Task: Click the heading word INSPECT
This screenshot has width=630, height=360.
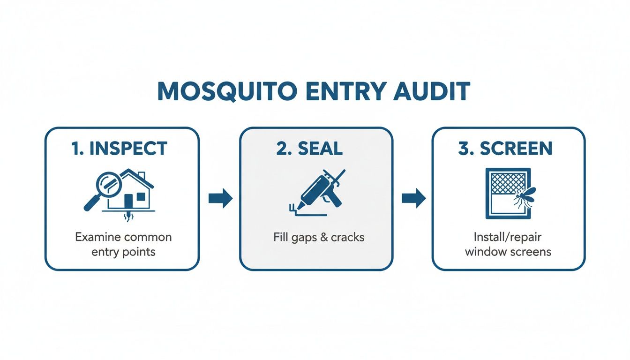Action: click(128, 148)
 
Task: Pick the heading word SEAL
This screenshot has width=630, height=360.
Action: click(320, 148)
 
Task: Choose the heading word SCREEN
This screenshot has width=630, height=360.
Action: click(516, 148)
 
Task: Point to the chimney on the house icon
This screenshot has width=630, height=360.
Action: click(142, 175)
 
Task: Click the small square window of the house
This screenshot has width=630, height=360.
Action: click(141, 196)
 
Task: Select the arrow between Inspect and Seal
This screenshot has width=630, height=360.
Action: click(220, 198)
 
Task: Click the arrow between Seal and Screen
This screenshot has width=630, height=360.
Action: click(413, 198)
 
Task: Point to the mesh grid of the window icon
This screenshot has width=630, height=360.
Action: click(508, 183)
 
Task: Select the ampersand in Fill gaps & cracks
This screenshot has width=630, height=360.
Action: click(324, 237)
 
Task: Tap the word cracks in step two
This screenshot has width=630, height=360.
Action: click(347, 237)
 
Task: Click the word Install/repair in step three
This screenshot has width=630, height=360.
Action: click(507, 237)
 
